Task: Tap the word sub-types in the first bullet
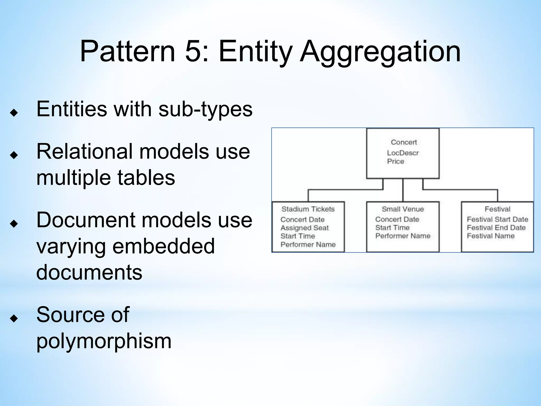[x=205, y=109]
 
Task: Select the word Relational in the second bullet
[x=84, y=151]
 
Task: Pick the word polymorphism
[x=104, y=341]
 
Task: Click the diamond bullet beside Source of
[x=14, y=318]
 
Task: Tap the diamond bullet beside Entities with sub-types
[x=14, y=113]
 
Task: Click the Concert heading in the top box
[x=404, y=142]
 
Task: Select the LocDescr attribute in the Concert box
[x=403, y=153]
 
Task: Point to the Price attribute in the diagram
[x=395, y=161]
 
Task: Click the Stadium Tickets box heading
[x=308, y=209]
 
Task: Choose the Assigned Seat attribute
[x=304, y=228]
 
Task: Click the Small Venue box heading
[x=403, y=209]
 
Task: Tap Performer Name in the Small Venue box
[x=403, y=236]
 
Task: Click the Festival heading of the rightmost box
[x=497, y=209]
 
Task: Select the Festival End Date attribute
[x=496, y=228]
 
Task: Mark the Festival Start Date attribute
[x=497, y=219]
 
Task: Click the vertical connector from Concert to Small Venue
[x=403, y=190]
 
